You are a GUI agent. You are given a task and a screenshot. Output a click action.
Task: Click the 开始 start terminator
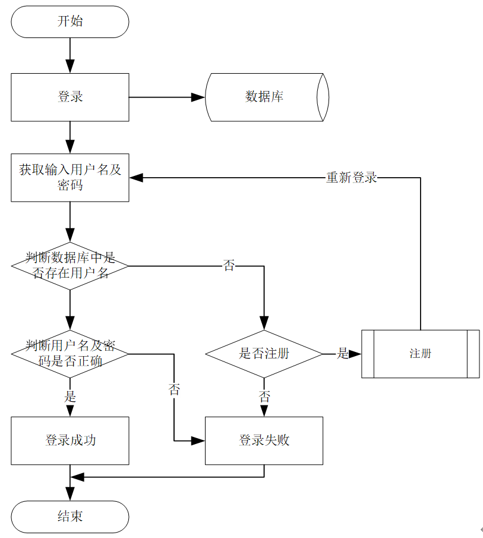click(x=70, y=22)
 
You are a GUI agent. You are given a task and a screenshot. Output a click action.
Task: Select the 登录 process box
click(x=70, y=97)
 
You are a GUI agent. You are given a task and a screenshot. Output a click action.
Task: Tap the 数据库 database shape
click(x=265, y=97)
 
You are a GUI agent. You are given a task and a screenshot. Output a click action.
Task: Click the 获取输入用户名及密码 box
click(x=70, y=177)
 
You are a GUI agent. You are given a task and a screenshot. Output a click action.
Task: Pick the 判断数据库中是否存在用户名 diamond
click(x=70, y=266)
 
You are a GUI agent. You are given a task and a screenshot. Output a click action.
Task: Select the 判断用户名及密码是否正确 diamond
click(x=70, y=354)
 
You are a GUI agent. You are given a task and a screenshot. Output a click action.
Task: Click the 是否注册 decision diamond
click(x=264, y=354)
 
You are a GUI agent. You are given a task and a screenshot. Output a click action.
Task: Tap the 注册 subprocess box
click(x=420, y=354)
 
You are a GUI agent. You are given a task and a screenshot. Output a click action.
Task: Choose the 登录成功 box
click(x=70, y=441)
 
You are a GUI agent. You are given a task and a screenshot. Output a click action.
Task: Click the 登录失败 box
click(x=264, y=441)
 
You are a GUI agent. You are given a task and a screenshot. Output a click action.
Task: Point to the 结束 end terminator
click(x=70, y=516)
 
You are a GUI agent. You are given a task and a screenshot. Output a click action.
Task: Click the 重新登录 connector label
click(x=351, y=177)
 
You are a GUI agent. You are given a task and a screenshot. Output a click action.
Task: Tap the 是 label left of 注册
click(x=343, y=354)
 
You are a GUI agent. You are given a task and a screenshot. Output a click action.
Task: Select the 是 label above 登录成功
click(x=70, y=397)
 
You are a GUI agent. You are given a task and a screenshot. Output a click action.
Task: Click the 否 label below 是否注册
click(x=264, y=397)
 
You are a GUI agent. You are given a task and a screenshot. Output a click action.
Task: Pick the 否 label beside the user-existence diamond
click(x=229, y=266)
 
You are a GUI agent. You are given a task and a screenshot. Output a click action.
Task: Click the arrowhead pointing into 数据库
click(x=198, y=97)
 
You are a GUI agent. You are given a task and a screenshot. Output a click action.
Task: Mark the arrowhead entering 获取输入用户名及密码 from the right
click(x=137, y=177)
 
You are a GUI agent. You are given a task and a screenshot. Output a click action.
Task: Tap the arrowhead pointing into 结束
click(x=70, y=494)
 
